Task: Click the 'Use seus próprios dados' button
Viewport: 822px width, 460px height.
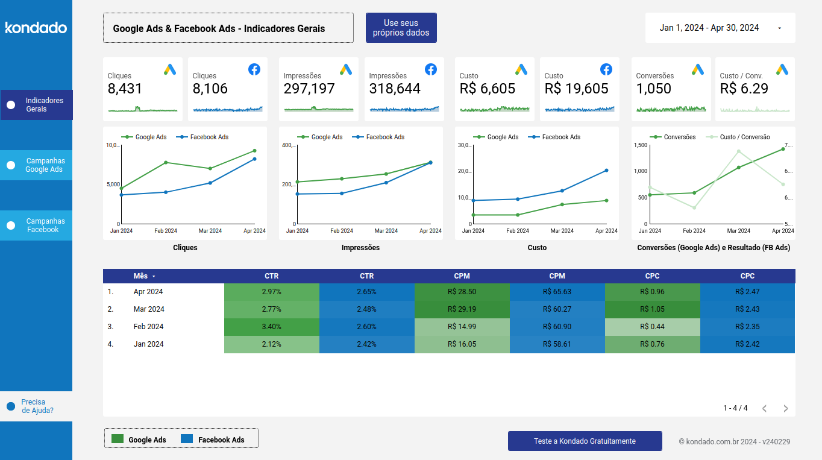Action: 401,28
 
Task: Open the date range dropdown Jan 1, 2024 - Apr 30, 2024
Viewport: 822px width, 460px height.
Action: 720,28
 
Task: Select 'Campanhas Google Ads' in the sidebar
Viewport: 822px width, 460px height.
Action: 36,165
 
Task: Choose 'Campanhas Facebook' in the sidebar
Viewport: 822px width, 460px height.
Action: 36,225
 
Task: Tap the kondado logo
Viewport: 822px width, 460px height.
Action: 36,28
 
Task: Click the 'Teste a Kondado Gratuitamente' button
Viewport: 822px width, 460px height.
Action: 585,441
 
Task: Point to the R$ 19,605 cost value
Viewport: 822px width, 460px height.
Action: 576,89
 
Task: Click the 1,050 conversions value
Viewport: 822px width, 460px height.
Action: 653,89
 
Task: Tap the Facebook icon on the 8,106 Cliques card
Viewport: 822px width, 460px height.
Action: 254,69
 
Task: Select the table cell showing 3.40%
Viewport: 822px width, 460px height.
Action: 271,327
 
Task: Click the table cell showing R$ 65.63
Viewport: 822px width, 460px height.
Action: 557,292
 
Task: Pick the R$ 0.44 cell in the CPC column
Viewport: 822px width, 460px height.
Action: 652,327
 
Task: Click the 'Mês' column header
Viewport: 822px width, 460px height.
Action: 140,276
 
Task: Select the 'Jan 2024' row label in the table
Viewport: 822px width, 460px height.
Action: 148,344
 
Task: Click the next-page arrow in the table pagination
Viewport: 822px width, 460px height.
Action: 785,408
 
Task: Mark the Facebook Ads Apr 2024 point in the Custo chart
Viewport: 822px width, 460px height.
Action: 606,171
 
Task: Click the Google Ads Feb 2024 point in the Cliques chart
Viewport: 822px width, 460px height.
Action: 166,163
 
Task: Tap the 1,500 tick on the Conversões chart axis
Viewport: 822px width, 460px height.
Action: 639,145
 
